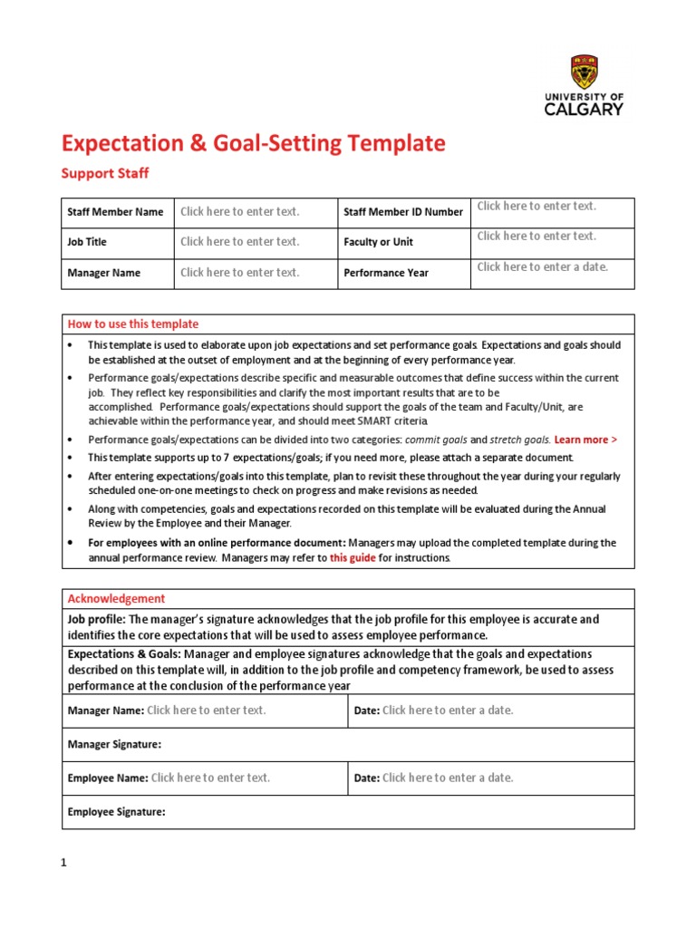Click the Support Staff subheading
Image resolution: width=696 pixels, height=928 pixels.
click(104, 172)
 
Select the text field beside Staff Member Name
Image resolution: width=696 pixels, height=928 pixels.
click(239, 212)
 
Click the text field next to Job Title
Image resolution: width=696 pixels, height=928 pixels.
click(239, 242)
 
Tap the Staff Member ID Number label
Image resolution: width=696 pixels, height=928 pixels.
click(403, 212)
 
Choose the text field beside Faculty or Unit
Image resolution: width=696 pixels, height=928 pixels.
click(536, 237)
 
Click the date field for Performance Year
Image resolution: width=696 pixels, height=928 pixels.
click(542, 267)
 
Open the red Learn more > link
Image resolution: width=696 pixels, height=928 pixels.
click(585, 440)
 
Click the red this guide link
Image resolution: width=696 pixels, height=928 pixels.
click(353, 558)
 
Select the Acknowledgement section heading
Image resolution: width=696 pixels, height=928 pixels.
click(117, 599)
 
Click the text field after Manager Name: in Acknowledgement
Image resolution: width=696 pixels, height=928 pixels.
click(207, 710)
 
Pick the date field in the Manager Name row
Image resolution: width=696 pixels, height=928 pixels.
click(448, 710)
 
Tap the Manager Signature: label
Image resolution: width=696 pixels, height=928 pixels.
click(114, 745)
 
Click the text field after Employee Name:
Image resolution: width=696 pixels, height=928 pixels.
click(210, 778)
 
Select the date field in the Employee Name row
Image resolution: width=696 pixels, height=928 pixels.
click(448, 778)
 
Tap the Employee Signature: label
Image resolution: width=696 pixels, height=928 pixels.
click(116, 812)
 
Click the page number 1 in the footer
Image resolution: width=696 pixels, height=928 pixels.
click(64, 864)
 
